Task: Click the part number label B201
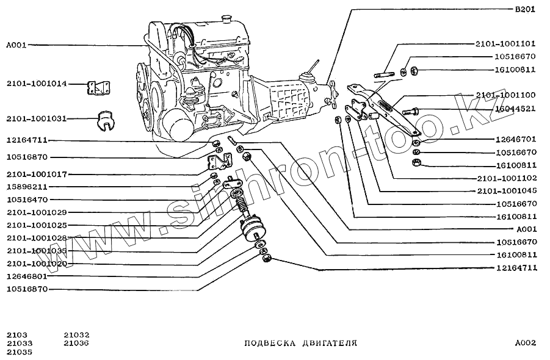click(x=526, y=10)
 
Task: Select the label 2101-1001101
click(x=505, y=44)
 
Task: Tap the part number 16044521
click(x=515, y=109)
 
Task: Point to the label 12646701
click(x=515, y=139)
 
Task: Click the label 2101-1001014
click(x=37, y=84)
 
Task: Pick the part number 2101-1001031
click(x=37, y=118)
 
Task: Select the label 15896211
click(x=27, y=187)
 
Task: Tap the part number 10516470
click(x=27, y=200)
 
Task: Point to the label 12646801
click(x=27, y=276)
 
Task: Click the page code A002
click(x=525, y=343)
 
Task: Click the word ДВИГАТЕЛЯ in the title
click(x=330, y=344)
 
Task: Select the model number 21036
click(x=76, y=343)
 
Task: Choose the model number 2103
click(x=16, y=334)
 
